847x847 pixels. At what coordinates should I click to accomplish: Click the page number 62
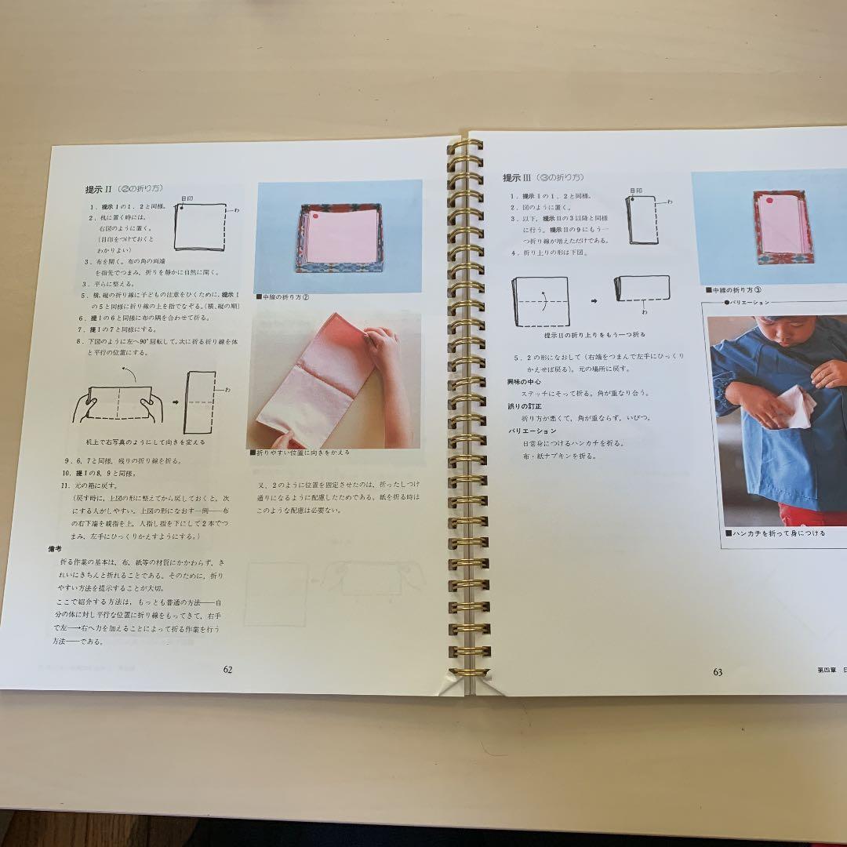click(227, 669)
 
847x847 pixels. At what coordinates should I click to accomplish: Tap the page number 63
click(718, 672)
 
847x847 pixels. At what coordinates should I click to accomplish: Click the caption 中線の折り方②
click(284, 296)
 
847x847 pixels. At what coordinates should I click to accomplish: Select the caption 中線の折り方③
click(738, 289)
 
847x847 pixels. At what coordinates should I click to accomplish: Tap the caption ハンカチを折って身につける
click(774, 533)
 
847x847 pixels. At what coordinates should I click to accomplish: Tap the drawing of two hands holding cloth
click(118, 404)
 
